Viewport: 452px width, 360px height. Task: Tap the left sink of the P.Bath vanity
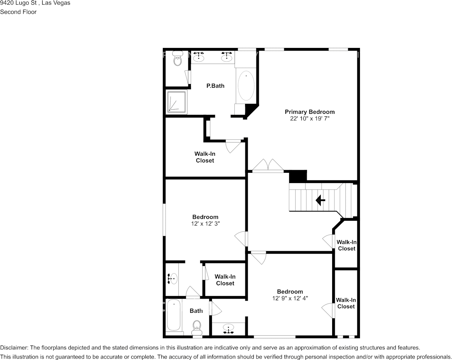[x=199, y=57]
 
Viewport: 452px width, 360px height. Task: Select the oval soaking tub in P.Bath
[x=246, y=86]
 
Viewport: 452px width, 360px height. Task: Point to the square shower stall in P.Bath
[x=177, y=102]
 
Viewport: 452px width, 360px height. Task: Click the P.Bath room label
[x=215, y=86]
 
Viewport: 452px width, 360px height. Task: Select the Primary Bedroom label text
[x=310, y=112]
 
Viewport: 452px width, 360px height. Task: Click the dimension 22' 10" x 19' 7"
[x=310, y=118]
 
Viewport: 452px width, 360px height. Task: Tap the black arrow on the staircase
[x=320, y=200]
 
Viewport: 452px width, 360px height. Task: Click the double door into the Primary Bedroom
[x=268, y=166]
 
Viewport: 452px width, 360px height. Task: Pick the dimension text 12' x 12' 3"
[x=205, y=224]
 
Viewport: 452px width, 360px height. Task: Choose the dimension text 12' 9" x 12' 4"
[x=290, y=298]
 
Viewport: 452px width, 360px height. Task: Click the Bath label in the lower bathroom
[x=196, y=311]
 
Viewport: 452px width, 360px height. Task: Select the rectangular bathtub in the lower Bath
[x=174, y=315]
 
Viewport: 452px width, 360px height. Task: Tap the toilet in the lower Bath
[x=197, y=325]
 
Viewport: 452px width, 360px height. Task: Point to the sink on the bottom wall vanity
[x=228, y=328]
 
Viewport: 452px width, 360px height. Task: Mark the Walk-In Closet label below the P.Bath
[x=205, y=157]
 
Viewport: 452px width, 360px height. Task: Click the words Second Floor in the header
[x=18, y=12]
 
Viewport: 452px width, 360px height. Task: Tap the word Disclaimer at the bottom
[x=13, y=347]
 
